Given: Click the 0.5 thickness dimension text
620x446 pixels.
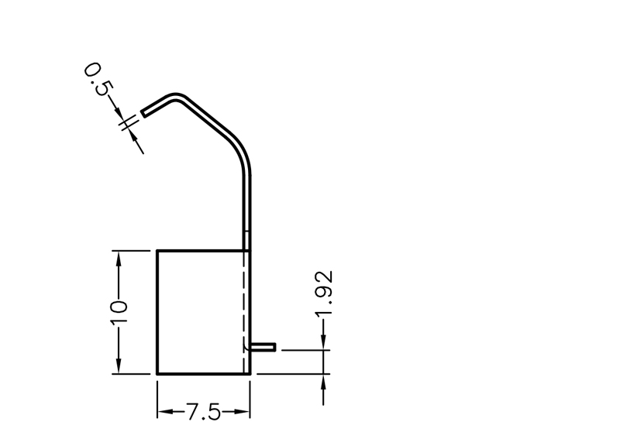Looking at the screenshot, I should point(97,79).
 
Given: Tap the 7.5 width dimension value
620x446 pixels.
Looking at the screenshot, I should point(203,411).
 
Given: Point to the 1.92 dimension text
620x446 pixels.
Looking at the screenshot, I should point(324,293).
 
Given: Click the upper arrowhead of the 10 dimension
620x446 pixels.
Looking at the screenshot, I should point(118,257).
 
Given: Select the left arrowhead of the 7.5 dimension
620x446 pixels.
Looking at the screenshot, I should point(164,411).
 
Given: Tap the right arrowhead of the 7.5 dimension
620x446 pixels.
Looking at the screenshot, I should point(243,411).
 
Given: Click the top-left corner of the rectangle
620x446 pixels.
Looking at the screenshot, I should point(157,251).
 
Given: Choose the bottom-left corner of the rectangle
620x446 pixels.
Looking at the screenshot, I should point(157,373).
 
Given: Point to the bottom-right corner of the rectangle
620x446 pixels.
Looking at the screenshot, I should point(250,373).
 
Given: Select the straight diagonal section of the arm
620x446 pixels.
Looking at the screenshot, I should point(209,118).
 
